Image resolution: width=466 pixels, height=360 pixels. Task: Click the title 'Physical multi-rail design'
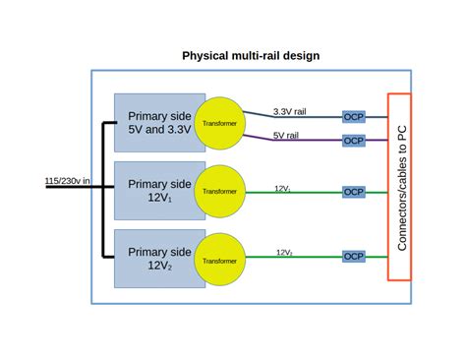pyautogui.click(x=251, y=56)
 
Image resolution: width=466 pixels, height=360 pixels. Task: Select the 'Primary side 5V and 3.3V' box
pyautogui.click(x=154, y=120)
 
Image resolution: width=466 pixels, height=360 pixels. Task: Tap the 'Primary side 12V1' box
pyautogui.click(x=154, y=190)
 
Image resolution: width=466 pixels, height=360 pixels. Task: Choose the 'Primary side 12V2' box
pyautogui.click(x=154, y=258)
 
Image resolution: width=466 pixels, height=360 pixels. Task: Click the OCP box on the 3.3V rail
pyautogui.click(x=353, y=116)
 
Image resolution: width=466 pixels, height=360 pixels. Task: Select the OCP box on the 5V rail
pyautogui.click(x=353, y=141)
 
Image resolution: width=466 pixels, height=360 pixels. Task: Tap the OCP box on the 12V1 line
pyautogui.click(x=353, y=192)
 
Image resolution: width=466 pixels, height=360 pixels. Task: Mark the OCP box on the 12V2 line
pyautogui.click(x=353, y=256)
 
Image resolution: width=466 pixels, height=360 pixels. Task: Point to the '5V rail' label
pyautogui.click(x=286, y=135)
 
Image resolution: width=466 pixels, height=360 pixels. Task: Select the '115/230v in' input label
pyautogui.click(x=68, y=181)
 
